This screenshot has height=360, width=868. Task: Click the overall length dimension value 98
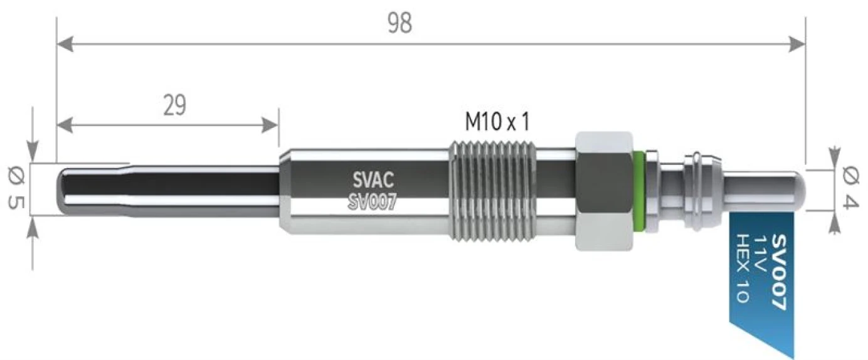click(399, 23)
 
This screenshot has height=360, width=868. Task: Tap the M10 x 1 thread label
click(497, 122)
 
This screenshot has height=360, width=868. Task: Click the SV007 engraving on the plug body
click(373, 202)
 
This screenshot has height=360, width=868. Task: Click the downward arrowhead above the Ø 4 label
click(835, 157)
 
